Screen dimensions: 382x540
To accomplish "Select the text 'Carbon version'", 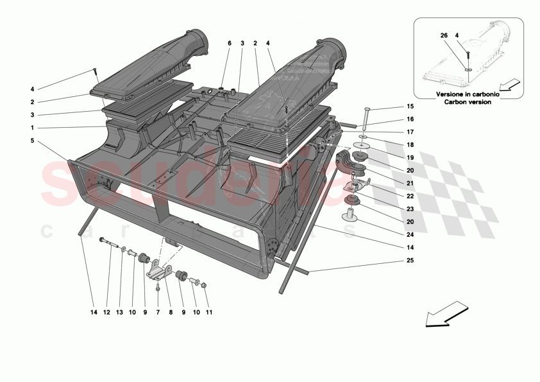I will click(x=464, y=101).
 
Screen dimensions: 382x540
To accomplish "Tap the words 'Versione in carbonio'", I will click(x=464, y=94).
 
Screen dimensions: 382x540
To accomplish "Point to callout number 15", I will click(x=410, y=107).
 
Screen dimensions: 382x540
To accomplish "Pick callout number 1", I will click(x=32, y=127).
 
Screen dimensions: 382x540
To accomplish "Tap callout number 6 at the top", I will click(x=228, y=43).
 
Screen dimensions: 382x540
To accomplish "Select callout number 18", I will click(x=410, y=145).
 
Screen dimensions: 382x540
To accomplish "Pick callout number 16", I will click(x=410, y=119).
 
